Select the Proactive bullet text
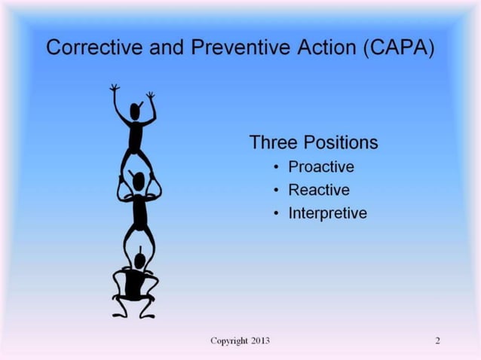320,166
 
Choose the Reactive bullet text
318,190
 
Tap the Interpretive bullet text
327,213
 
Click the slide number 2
437,341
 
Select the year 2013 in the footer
257,341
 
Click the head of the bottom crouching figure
139,260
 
